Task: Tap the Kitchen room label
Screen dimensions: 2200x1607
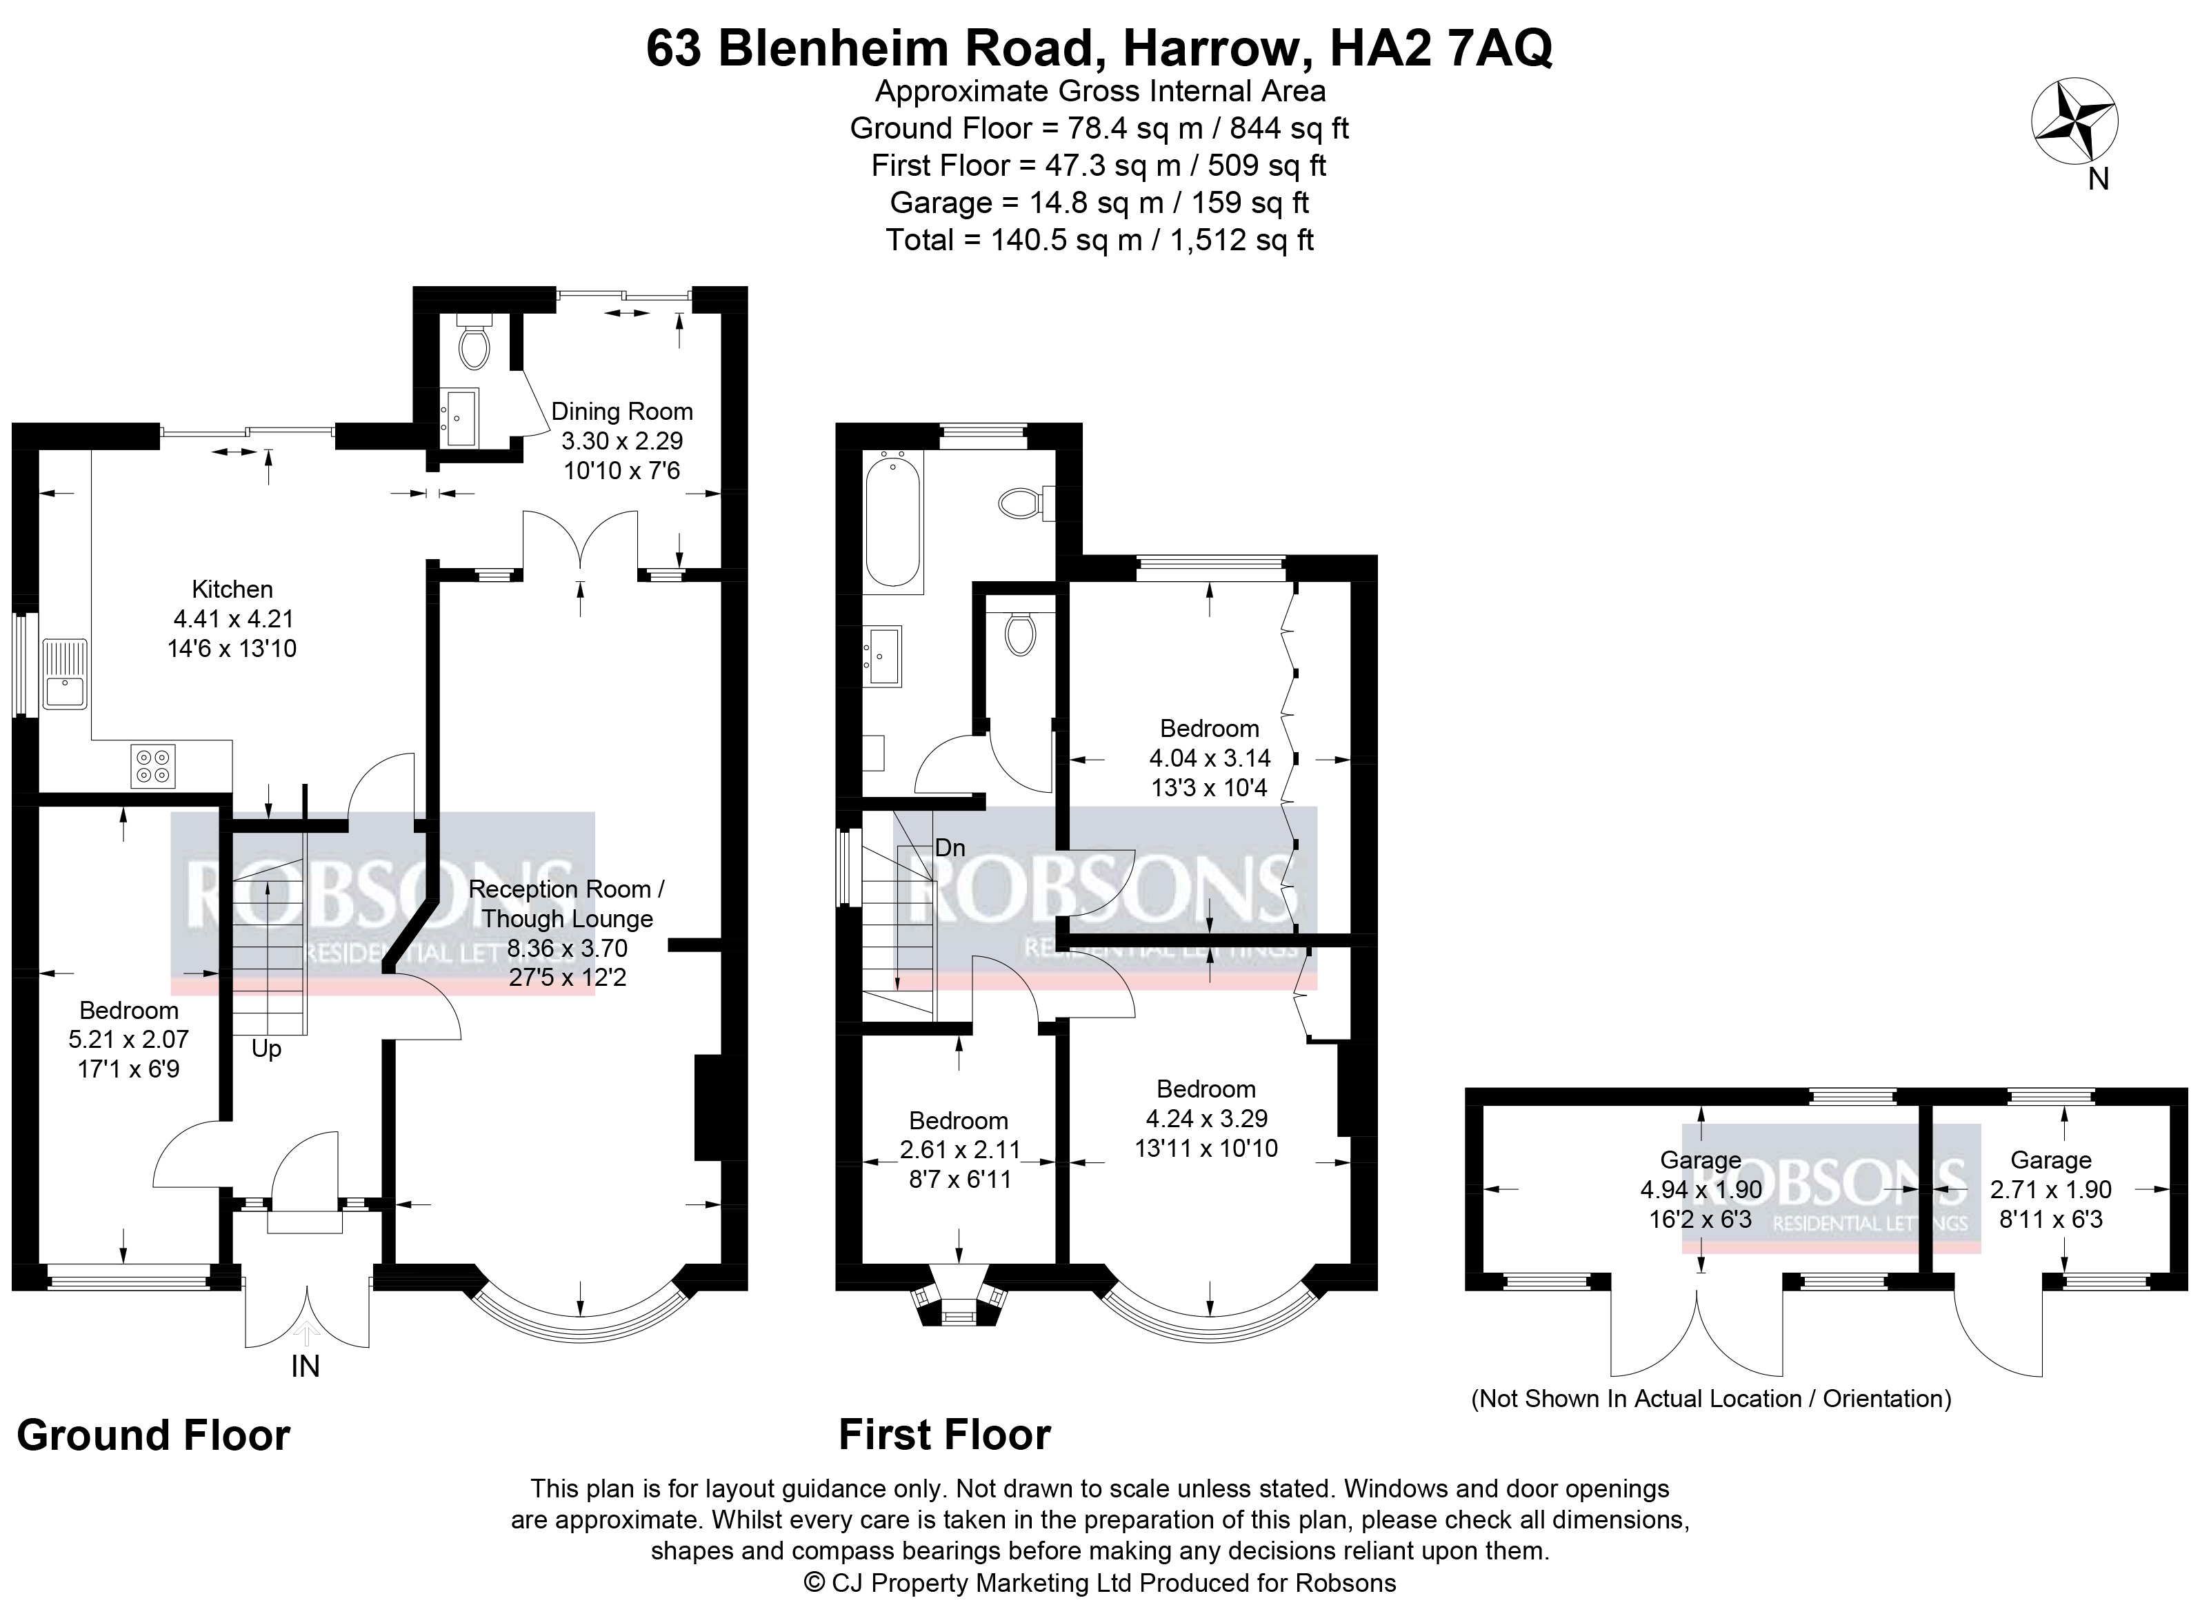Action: click(x=232, y=589)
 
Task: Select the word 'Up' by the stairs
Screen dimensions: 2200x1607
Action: click(x=266, y=1049)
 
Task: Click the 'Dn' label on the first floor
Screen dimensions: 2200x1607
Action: click(x=950, y=847)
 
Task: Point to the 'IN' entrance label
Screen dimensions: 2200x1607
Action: click(x=306, y=1366)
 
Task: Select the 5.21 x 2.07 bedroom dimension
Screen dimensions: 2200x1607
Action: click(x=128, y=1039)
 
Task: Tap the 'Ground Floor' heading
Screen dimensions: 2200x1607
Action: click(x=154, y=1436)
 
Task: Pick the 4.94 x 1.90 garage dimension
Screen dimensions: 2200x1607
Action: click(x=1700, y=1190)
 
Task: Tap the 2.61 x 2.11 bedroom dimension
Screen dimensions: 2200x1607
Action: click(x=961, y=1150)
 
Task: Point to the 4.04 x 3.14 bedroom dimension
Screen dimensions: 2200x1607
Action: click(x=1210, y=758)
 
